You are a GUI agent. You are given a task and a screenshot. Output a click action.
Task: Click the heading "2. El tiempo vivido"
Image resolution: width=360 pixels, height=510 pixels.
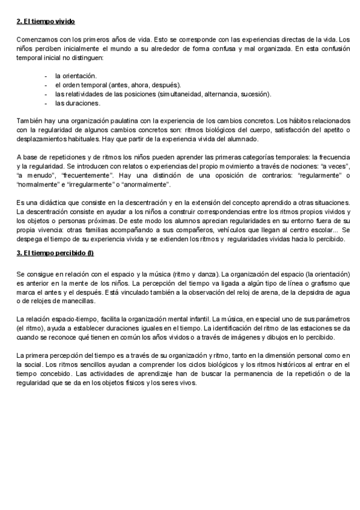tap(46, 22)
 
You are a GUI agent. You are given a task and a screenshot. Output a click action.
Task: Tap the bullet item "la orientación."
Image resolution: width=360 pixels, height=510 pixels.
tap(76, 76)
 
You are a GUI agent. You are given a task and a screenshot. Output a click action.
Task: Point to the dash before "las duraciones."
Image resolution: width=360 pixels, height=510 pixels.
tap(46, 103)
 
